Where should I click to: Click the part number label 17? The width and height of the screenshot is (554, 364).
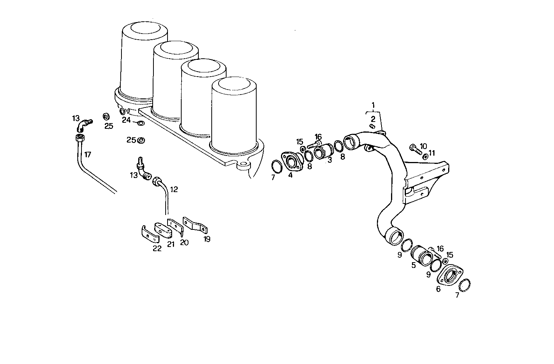(x=88, y=154)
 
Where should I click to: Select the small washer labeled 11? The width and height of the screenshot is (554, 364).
(x=425, y=156)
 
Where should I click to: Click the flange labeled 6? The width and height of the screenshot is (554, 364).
(x=450, y=274)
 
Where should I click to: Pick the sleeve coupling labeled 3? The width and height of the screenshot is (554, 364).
(x=324, y=151)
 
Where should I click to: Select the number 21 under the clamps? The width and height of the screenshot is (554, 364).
(x=171, y=244)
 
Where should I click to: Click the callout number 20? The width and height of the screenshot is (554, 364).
(x=184, y=242)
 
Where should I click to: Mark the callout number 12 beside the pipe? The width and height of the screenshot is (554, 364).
(x=174, y=189)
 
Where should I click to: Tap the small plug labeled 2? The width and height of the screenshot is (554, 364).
(x=373, y=126)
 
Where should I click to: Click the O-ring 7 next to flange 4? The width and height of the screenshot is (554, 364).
(x=277, y=167)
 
